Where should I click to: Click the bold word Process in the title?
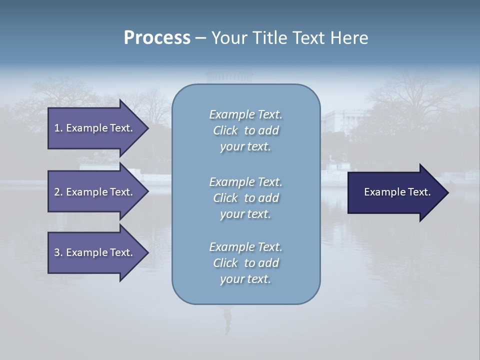pos(157,38)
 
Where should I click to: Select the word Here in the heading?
pos(349,38)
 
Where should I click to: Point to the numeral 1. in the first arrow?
pos(58,128)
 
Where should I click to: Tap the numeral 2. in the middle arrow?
pos(58,192)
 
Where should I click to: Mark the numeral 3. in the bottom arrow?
pos(58,252)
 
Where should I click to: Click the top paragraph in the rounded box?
pos(245,130)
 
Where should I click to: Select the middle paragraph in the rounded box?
pos(245,198)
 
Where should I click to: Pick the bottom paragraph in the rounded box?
pos(245,263)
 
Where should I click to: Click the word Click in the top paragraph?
pos(225,131)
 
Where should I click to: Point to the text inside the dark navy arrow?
pos(397,192)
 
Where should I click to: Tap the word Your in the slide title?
pos(228,38)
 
